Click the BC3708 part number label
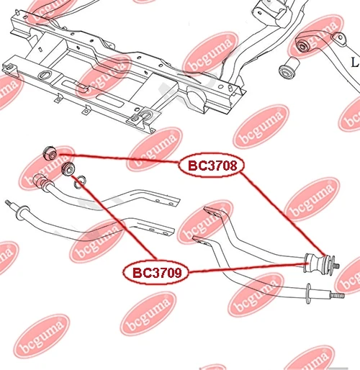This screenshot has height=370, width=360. point(212,166)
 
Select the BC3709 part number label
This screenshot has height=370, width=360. point(156,273)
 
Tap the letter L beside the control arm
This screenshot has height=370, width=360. point(355,63)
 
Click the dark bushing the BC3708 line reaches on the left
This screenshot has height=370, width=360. point(50,153)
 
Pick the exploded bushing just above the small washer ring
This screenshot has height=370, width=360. point(68,169)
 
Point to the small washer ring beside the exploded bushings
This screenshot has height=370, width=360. point(80,182)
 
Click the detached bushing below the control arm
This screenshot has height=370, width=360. point(289,68)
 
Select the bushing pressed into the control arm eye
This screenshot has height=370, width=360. point(303,45)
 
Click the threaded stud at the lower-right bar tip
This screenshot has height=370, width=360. point(337,295)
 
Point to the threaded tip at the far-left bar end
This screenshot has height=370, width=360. point(9,203)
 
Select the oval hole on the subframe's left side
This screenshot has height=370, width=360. point(45,75)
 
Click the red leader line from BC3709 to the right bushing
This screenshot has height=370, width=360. point(246,268)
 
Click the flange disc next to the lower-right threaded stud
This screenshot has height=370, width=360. point(309,294)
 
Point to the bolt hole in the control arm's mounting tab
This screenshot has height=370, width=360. point(341,37)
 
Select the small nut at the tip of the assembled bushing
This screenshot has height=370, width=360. point(336,266)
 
